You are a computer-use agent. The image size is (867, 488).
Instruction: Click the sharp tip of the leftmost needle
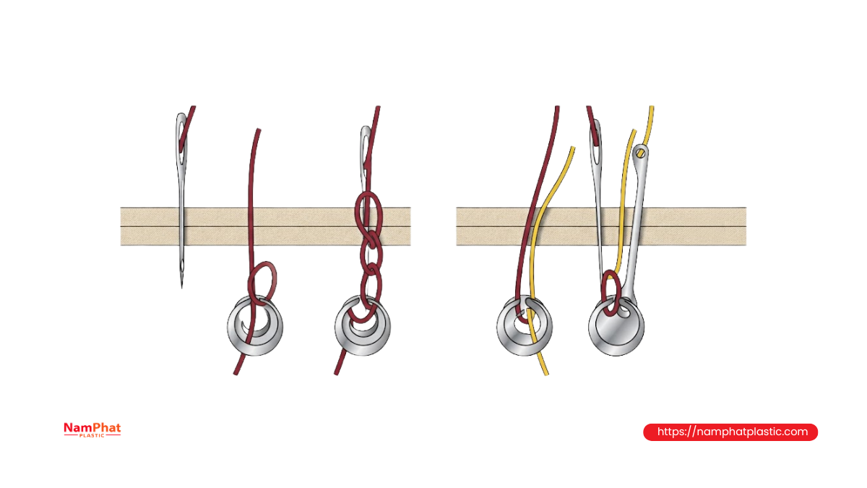coord(182,288)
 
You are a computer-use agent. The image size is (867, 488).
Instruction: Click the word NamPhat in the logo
coord(92,427)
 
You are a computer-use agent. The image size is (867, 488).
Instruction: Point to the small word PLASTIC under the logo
coord(92,435)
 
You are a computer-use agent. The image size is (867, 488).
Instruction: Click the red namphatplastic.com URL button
coord(730,432)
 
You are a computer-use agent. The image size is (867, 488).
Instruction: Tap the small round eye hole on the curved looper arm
coord(641,153)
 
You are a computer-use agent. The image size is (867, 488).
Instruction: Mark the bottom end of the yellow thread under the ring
coord(546,374)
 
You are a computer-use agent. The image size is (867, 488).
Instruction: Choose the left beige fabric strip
coord(266,226)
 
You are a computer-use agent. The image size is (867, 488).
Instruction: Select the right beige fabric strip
coord(601,226)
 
